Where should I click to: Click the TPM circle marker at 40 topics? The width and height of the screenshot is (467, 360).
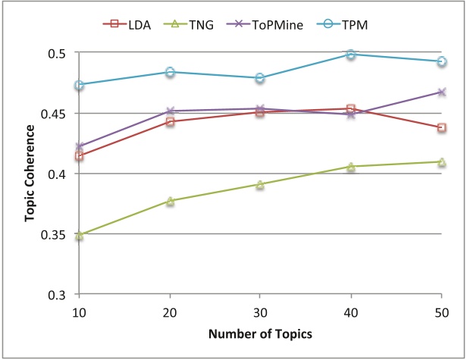351,55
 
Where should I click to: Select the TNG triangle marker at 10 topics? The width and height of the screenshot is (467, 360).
80,236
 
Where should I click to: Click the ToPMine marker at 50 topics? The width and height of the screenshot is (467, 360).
441,92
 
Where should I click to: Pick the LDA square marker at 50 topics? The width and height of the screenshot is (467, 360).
441,127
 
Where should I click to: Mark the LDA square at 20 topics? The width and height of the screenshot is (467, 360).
170,121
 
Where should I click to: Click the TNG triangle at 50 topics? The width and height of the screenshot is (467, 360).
441,161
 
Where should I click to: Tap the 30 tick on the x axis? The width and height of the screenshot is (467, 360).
260,313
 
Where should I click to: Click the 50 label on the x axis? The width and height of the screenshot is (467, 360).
440,313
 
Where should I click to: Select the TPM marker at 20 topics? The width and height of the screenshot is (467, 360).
170,72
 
